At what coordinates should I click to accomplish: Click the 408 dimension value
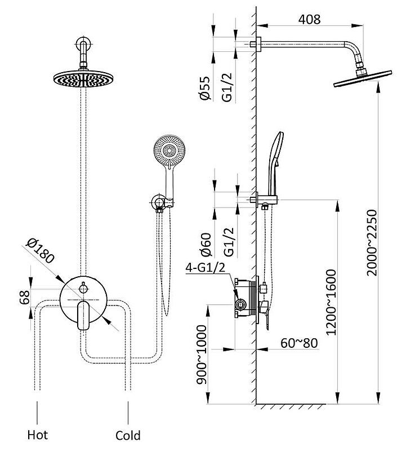(x=309, y=19)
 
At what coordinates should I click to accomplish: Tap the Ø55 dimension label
(x=205, y=89)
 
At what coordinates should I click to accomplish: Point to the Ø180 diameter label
(x=41, y=251)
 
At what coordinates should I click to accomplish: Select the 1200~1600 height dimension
(x=331, y=302)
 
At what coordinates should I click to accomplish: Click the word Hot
(x=38, y=435)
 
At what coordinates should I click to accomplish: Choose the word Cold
(x=128, y=435)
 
